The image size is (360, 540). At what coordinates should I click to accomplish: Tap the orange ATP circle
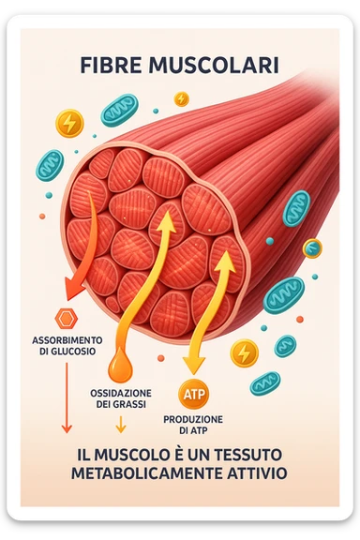(191, 393)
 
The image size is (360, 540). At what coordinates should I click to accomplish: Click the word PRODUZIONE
(193, 418)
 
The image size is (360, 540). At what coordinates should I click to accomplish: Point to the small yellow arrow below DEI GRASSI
(120, 426)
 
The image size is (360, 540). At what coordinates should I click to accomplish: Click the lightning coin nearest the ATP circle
(244, 352)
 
